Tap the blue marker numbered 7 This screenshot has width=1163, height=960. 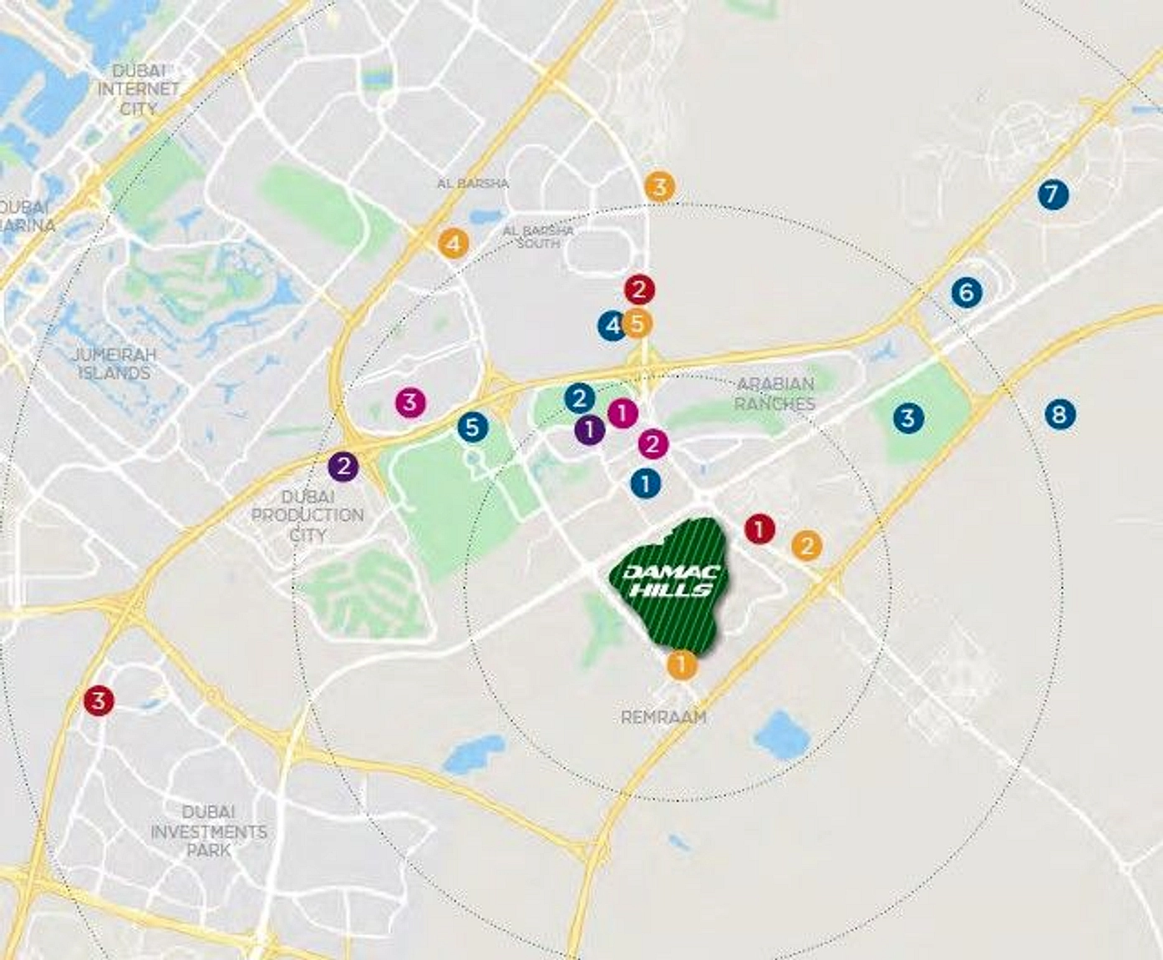coord(1053,195)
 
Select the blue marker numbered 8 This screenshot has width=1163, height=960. coord(1059,414)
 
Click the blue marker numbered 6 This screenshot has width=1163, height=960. coord(967,292)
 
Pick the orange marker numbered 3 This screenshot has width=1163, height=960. coord(660,186)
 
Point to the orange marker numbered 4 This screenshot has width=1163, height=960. coord(453,244)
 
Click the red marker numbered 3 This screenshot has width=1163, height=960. coord(99,700)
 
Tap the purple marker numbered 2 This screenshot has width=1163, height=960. coord(343,467)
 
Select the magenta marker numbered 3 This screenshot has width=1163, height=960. coord(409,402)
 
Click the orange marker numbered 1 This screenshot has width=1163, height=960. coord(682,665)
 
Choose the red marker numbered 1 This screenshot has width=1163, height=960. coord(759,528)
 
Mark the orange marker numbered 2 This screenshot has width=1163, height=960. coord(806,546)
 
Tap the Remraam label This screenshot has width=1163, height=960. coord(663,717)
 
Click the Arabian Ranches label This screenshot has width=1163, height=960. coord(776,393)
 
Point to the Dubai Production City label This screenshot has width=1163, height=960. coord(307,515)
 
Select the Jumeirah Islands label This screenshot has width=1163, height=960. coord(114,364)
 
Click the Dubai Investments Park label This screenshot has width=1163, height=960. coord(209,831)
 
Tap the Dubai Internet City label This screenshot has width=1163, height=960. coord(139,89)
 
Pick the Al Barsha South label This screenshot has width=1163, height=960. coord(538,236)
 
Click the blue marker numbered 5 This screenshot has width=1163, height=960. coord(472,427)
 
